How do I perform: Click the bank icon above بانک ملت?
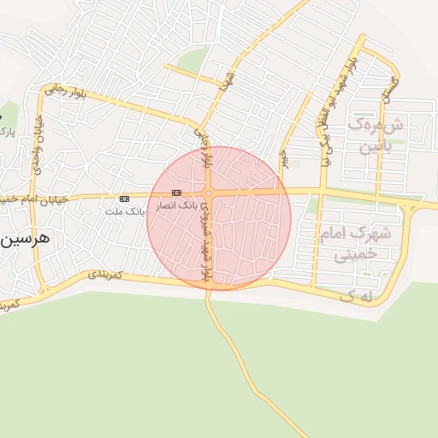point(125,198)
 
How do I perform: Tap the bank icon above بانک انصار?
point(176,192)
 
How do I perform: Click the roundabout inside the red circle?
point(209,193)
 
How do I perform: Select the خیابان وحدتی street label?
point(38,145)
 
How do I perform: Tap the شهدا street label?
point(227,82)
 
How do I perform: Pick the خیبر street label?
point(283,159)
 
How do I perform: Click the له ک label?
point(358,295)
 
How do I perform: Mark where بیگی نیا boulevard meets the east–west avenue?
point(322,190)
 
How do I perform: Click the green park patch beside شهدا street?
point(193,60)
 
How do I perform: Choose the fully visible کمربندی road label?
point(105,275)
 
